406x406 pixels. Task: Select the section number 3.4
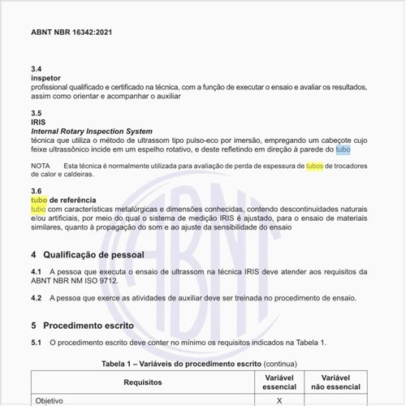[37, 69]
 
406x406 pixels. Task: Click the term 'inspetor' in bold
[47, 78]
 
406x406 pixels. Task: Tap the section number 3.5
[37, 113]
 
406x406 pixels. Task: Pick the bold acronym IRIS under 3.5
[39, 122]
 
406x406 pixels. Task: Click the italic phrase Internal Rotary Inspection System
[91, 131]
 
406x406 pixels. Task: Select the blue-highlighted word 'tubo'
[343, 149]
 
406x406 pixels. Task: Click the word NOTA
[40, 166]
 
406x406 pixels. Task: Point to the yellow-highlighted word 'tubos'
[314, 166]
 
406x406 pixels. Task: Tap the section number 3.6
[37, 191]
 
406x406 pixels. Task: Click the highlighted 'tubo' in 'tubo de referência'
[38, 200]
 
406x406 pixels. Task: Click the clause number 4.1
[37, 271]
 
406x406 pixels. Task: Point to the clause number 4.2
[37, 299]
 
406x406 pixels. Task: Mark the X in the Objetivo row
[279, 400]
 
